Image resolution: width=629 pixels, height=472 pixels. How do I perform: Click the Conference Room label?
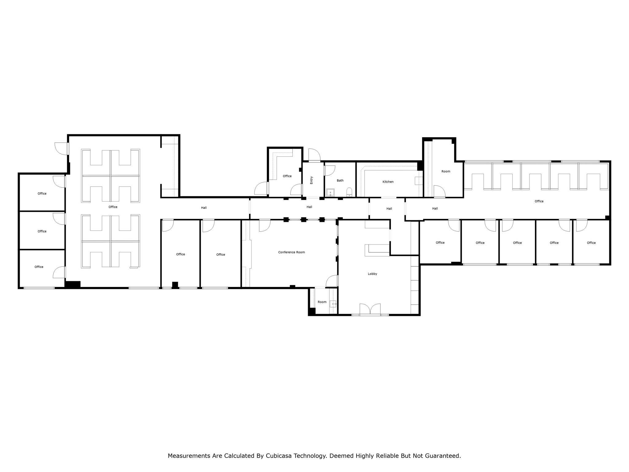pos(291,252)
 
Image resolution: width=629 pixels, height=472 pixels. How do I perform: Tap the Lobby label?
pos(372,274)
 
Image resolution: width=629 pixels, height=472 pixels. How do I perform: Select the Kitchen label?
pos(388,182)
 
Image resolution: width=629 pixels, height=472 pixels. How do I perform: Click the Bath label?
pos(340,181)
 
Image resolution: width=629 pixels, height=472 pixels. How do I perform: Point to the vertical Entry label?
pos(311,180)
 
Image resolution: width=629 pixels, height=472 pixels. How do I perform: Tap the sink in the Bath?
pos(330,193)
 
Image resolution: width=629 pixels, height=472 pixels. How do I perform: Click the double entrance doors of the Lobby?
pos(370,309)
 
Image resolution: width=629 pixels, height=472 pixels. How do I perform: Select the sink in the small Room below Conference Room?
pos(333,304)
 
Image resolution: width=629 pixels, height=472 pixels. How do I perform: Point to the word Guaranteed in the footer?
pos(443,456)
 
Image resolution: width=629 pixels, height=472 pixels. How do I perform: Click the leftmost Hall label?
pos(204,208)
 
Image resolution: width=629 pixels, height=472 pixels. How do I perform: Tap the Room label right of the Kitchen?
pos(446,171)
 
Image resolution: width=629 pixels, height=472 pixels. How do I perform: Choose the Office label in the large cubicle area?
pos(113,207)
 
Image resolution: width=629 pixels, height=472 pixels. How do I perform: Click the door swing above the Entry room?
pos(314,155)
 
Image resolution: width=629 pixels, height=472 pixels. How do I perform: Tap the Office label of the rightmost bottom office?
pos(591,243)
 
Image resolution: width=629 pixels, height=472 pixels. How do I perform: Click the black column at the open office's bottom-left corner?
pos(73,285)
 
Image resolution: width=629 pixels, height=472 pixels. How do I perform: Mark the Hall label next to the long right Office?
pos(435,209)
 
